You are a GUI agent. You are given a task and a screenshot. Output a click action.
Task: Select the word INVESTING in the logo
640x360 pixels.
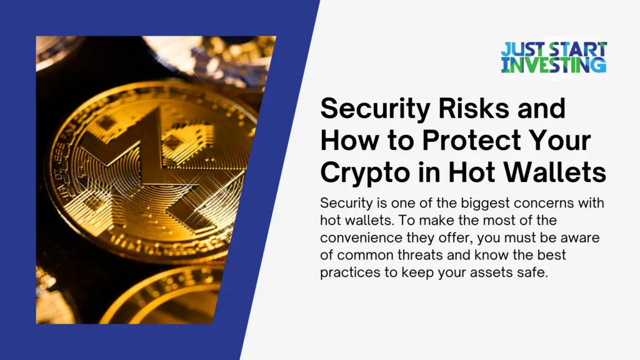tap(554, 64)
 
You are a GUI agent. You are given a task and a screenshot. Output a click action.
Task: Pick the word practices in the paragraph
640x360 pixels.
tap(348, 274)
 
